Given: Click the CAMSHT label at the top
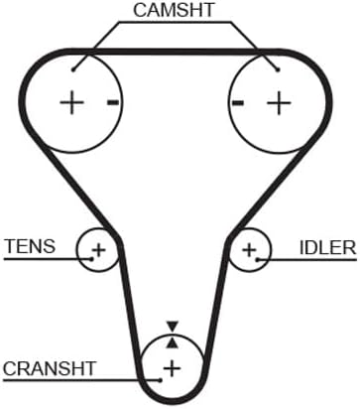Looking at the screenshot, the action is tap(174, 10).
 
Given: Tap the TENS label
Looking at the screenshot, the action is tap(30, 246).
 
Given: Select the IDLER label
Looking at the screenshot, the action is tap(328, 247).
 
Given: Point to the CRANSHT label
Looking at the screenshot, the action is tap(50, 368).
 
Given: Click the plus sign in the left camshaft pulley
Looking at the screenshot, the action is tap(71, 102).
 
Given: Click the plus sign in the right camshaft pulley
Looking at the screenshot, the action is tap(279, 103).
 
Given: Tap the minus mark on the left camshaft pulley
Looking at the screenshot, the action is tap(113, 102).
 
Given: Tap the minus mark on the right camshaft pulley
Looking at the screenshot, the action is tap(238, 103).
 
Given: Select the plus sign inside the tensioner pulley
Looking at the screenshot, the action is tap(98, 250).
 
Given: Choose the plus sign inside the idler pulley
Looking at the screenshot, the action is tap(250, 250).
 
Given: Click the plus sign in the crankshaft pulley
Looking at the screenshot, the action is tap(172, 368).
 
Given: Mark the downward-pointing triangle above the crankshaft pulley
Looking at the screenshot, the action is tap(173, 327).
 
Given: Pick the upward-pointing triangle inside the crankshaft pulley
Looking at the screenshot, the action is tap(173, 343).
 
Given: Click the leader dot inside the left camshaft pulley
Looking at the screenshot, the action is tap(73, 69).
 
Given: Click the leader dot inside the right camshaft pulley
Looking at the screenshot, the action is tap(278, 69).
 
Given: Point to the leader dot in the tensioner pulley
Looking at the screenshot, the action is tap(92, 259).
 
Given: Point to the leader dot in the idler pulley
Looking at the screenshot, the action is tap(257, 259).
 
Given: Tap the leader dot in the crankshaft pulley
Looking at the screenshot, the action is tap(161, 380).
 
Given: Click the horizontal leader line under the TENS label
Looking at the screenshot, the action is tap(48, 259).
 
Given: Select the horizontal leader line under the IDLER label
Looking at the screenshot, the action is tap(307, 260).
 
